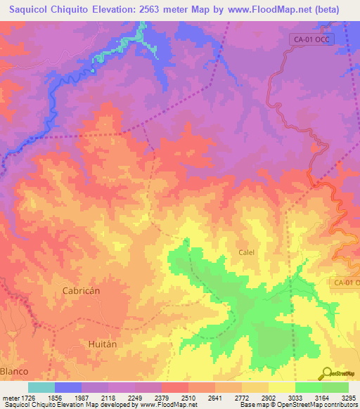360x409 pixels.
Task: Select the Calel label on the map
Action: (x=246, y=252)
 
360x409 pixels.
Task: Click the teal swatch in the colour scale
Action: (x=41, y=387)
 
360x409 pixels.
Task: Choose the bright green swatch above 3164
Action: (x=335, y=387)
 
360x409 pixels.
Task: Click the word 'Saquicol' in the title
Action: (x=33, y=10)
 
